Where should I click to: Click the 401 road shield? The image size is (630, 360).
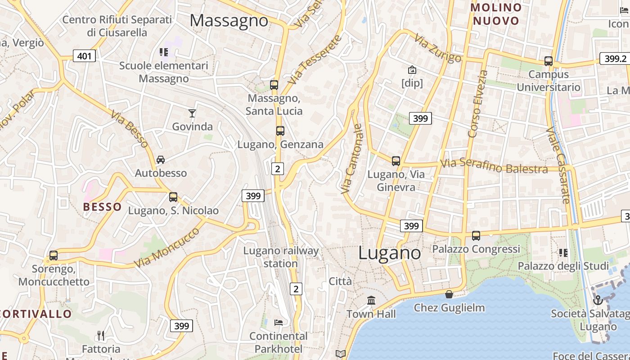pos(84,56)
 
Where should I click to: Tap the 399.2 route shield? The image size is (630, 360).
pos(615,58)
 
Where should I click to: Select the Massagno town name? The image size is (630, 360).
pos(229,21)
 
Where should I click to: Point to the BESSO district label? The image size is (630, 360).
pos(102,207)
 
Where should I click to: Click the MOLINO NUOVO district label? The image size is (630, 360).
pos(496,14)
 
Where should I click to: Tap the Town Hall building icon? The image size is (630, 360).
pos(371,300)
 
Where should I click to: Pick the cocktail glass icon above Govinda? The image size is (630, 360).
pos(192,113)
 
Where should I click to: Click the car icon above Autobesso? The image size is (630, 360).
pos(161,159)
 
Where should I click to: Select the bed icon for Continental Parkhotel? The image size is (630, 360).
pos(279,322)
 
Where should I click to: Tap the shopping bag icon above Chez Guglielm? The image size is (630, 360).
pos(449,294)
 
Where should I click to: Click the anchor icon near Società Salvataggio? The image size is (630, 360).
pos(598,300)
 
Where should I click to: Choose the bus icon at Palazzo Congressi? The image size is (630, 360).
pos(476,235)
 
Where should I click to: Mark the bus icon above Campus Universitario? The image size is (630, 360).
pos(548,61)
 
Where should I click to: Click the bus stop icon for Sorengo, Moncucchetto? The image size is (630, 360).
pos(54,256)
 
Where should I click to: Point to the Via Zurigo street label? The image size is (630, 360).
pos(438,48)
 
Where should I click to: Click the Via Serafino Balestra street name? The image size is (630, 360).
pos(494,166)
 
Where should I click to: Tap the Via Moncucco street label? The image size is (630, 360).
pos(166,247)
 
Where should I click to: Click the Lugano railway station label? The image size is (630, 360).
pos(281,257)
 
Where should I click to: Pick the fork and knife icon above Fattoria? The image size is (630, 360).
pos(101,335)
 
